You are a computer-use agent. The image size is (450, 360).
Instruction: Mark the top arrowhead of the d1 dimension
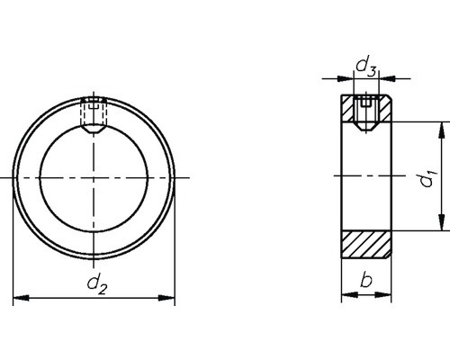(x=440, y=129)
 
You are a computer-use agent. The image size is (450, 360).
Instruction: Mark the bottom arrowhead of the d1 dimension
(x=440, y=229)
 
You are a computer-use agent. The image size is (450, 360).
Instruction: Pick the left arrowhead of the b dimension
(x=345, y=298)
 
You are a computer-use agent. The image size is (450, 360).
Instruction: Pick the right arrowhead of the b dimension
(x=387, y=298)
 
